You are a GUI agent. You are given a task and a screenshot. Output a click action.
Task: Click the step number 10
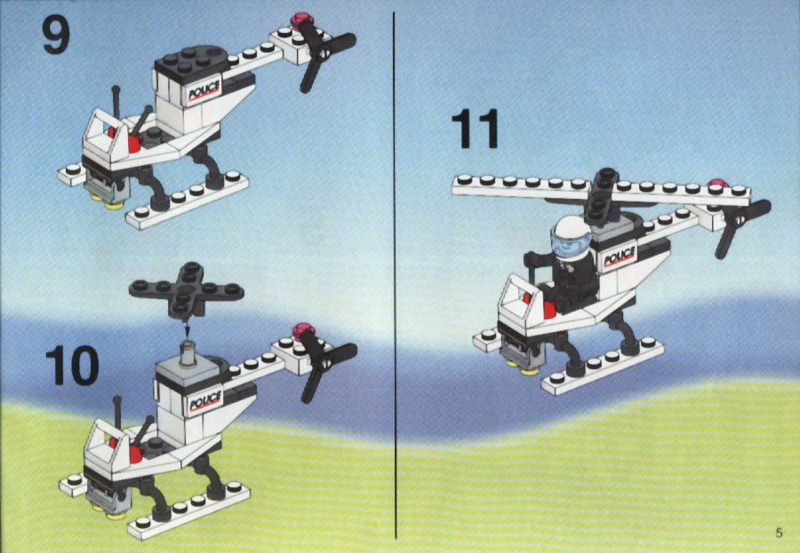click(72, 366)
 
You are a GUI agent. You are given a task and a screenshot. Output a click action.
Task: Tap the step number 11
click(475, 130)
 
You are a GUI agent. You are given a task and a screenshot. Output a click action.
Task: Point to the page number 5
click(779, 533)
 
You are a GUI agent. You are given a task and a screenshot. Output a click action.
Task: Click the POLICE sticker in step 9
click(204, 91)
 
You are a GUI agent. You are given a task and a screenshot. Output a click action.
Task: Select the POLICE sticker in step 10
click(205, 399)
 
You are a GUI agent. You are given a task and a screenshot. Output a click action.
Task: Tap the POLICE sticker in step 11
click(620, 257)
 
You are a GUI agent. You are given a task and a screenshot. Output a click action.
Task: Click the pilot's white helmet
click(572, 228)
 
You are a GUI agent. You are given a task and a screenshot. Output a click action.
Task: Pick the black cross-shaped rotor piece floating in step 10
click(187, 289)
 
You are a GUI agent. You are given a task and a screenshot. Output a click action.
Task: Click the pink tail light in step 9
click(302, 21)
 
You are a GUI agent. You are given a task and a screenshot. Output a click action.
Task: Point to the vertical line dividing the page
click(395, 275)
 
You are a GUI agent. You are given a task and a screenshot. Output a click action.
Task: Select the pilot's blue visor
click(571, 241)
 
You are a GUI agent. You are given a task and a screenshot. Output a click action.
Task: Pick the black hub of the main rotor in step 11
click(603, 195)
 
